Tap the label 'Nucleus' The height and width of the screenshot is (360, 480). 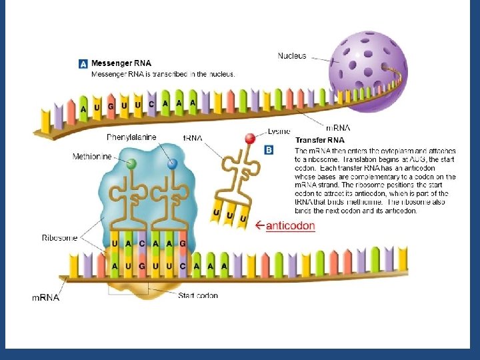pyautogui.click(x=292, y=55)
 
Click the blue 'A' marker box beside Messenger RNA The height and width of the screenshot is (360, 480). pyautogui.click(x=83, y=64)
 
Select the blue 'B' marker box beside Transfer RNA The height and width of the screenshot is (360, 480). pyautogui.click(x=269, y=151)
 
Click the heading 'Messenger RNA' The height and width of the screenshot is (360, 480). pyautogui.click(x=121, y=63)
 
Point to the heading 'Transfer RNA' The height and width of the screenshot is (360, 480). pyautogui.click(x=320, y=140)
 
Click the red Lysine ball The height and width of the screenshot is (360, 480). pyautogui.click(x=250, y=139)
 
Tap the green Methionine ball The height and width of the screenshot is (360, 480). pyautogui.click(x=132, y=163)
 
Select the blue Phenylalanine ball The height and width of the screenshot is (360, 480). pyautogui.click(x=172, y=163)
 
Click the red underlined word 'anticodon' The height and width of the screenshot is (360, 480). pyautogui.click(x=290, y=226)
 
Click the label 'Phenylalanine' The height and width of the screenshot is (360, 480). pyautogui.click(x=131, y=137)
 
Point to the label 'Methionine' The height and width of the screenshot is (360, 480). pyautogui.click(x=91, y=157)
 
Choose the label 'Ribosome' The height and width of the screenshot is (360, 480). pyautogui.click(x=59, y=237)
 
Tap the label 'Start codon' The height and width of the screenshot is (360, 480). pyautogui.click(x=198, y=295)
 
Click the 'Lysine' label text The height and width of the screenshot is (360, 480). pyautogui.click(x=279, y=131)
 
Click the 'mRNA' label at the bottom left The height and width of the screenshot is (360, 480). pyautogui.click(x=46, y=297)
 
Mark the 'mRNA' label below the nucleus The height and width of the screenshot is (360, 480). pyautogui.click(x=338, y=127)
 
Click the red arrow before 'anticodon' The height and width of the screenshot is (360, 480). pyautogui.click(x=260, y=226)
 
